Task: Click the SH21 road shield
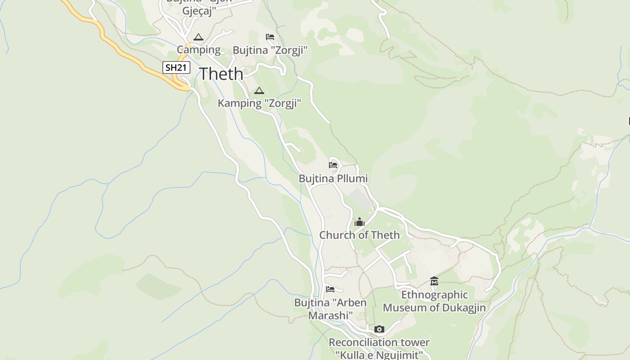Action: point(176,68)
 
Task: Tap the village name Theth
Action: point(221,74)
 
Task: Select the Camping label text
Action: point(198,49)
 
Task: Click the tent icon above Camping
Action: point(198,37)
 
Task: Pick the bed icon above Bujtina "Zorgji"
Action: point(270,37)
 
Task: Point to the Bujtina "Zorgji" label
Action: point(270,50)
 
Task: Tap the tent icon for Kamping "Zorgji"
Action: point(259,90)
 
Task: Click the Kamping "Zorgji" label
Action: point(259,103)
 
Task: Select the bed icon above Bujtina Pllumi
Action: point(333,165)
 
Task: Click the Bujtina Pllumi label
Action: point(333,179)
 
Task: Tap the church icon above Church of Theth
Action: point(359,222)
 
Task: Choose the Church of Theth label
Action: point(359,235)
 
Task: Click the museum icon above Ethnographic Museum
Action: point(434,281)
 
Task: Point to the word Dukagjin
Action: point(464,308)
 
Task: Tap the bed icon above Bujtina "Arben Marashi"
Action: point(330,289)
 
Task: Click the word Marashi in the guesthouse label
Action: point(330,315)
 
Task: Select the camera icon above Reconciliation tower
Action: point(379,329)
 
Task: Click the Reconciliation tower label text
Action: point(379,342)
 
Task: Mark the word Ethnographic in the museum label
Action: point(434,295)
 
